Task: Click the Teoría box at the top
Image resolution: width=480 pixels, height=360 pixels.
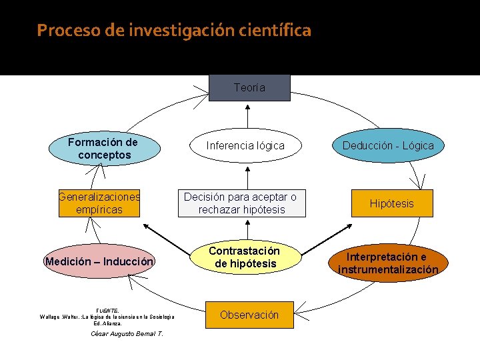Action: [249, 87]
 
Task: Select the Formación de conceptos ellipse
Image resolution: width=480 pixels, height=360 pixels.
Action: [103, 148]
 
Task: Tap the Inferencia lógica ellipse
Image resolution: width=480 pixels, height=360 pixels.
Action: [245, 145]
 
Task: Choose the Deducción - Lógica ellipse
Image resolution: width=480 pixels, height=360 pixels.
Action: [388, 145]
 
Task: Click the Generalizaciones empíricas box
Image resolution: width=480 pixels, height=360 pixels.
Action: [99, 203]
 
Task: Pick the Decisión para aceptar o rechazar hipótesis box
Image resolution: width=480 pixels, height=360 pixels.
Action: [241, 203]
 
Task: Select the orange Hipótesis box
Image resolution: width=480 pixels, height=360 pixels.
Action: [391, 203]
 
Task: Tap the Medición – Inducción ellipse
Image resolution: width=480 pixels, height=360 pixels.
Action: [99, 261]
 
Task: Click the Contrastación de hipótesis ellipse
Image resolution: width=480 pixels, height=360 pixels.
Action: [244, 257]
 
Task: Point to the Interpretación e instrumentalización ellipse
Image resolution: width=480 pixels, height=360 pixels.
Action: [388, 263]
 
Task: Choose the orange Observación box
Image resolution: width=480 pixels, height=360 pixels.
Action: [249, 315]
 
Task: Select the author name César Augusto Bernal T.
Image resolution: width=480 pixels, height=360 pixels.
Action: [127, 334]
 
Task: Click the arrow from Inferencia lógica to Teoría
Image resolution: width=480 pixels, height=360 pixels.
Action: [248, 115]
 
